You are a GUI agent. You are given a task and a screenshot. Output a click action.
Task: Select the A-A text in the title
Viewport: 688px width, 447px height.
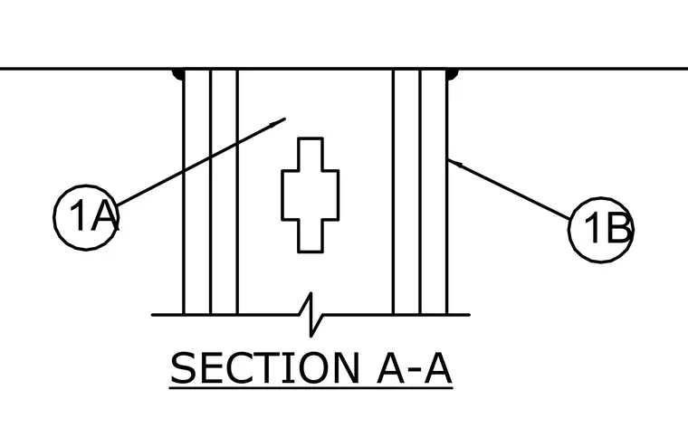coord(415,368)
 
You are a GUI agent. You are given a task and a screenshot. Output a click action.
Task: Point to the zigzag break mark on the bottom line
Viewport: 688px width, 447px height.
coord(311,315)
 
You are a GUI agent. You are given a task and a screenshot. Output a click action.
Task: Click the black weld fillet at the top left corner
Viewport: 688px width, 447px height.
coord(178,74)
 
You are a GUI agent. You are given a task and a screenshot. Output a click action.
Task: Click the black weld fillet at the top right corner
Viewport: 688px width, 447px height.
coord(453,74)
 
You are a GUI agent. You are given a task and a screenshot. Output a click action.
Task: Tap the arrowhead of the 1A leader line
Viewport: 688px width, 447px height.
coord(277,123)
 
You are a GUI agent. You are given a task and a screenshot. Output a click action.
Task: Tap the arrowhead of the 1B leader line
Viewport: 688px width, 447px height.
coord(454,163)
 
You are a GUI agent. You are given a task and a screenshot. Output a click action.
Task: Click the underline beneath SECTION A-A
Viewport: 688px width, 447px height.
coord(311,388)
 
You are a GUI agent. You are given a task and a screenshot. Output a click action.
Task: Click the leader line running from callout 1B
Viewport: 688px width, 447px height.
coord(509,189)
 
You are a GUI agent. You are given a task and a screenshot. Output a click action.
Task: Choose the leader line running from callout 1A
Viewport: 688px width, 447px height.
coord(201,161)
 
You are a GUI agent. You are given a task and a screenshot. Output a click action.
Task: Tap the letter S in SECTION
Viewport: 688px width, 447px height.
coord(183,368)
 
